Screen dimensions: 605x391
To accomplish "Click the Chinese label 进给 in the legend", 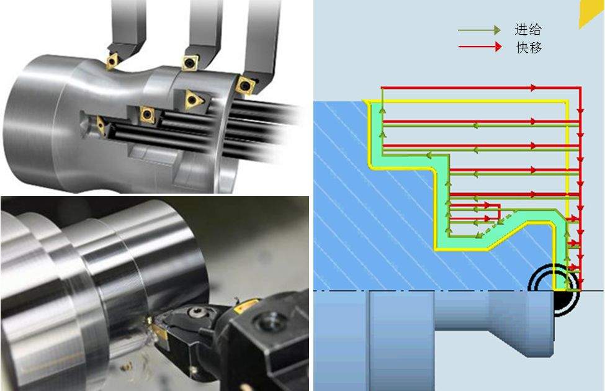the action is tap(528, 30).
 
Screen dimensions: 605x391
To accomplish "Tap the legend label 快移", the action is tap(529, 47).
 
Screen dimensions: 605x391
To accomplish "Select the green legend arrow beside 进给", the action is tap(479, 30).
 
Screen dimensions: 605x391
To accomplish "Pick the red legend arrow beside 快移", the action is tap(480, 47).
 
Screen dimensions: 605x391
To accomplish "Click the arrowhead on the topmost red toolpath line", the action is tap(533, 88).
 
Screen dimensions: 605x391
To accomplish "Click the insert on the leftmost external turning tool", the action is tap(112, 61).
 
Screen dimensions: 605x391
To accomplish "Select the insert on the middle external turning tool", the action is tap(190, 62).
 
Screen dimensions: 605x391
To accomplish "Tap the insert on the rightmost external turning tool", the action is tap(244, 85).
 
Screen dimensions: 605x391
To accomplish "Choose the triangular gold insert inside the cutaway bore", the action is tap(194, 99).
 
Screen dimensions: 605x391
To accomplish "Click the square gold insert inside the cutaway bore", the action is tap(147, 114).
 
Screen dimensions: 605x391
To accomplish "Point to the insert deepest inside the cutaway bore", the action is tap(101, 125).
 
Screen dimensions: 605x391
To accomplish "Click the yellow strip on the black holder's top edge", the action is tap(244, 305).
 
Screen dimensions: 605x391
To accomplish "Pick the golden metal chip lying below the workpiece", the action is tap(127, 366).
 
